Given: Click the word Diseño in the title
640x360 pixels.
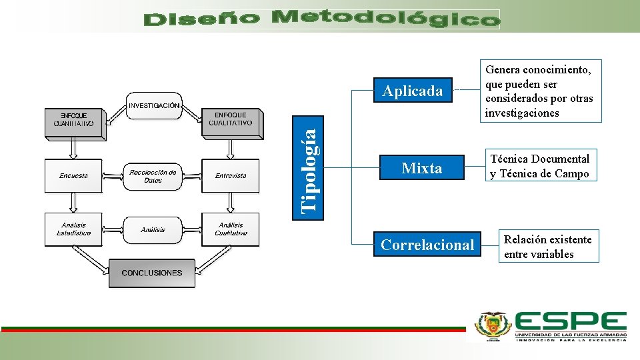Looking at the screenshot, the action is tap(201, 20).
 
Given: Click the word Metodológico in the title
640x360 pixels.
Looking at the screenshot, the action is tap(386, 19).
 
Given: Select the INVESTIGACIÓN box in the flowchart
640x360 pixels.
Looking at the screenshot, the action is tap(154, 105).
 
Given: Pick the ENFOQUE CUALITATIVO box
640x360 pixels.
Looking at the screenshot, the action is tap(231, 119).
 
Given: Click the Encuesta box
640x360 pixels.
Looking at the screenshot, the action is tap(73, 176).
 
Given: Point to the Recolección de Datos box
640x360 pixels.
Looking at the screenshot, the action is tap(153, 176).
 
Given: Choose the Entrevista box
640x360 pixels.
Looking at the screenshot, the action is tap(231, 176).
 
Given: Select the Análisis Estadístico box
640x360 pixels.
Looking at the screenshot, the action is tap(73, 229).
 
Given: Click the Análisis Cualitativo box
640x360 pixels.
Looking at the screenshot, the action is tap(231, 229).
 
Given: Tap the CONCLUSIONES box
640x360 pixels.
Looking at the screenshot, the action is tap(152, 273).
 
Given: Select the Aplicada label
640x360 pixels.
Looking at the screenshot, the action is tap(413, 91).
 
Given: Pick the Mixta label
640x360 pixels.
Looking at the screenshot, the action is tap(422, 168).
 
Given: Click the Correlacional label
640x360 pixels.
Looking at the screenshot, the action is tap(428, 245).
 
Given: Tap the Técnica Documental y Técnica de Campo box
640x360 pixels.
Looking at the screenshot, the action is tap(540, 166).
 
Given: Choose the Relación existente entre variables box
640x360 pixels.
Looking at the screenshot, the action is tap(548, 246).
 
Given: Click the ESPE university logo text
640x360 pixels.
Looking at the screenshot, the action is tap(571, 323).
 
